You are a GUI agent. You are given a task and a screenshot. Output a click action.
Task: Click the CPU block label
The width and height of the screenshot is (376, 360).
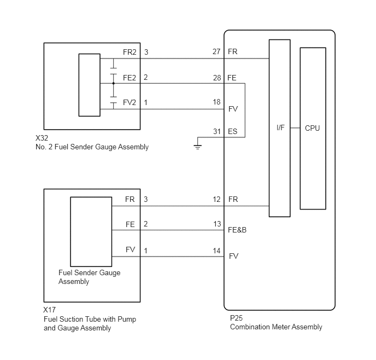pos(312,128)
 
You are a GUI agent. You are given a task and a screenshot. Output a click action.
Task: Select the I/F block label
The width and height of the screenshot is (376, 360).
pos(280,127)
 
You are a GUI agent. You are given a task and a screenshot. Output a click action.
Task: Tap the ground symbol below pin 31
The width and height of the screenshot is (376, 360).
pos(198,147)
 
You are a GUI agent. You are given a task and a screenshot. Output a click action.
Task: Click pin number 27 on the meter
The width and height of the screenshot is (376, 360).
pos(216,51)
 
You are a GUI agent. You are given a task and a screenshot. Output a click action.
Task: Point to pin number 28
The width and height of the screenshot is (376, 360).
pos(217,78)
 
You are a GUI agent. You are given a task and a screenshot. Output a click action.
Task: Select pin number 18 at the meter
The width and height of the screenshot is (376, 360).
pos(216,102)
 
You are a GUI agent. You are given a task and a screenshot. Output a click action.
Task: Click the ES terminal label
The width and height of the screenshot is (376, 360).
pos(233,131)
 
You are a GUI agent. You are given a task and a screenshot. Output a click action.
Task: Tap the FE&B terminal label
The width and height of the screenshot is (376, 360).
pos(237,230)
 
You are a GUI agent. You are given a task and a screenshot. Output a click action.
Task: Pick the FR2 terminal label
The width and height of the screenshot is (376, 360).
pos(130,52)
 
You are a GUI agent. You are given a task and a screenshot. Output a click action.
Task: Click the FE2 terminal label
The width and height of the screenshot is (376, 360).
pos(130,78)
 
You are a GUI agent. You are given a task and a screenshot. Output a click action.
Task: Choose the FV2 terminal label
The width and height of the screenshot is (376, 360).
pos(130,102)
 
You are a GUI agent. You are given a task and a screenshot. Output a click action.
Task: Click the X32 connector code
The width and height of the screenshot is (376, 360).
pos(42,138)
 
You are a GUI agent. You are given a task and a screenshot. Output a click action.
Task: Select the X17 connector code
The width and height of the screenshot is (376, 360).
pos(49,310)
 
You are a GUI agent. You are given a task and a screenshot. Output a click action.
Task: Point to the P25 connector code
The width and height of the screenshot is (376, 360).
pos(236,318)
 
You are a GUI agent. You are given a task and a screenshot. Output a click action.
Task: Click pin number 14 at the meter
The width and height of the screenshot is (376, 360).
pos(216,251)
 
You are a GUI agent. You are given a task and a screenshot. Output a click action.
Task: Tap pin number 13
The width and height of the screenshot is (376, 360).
pos(217,224)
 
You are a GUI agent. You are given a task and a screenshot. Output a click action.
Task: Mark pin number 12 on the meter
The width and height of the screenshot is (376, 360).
pos(216,200)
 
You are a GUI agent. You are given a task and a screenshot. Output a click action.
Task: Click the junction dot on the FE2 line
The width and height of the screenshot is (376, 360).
pos(114,84)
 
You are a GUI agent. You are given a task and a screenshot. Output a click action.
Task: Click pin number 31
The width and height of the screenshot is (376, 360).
pos(217,131)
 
